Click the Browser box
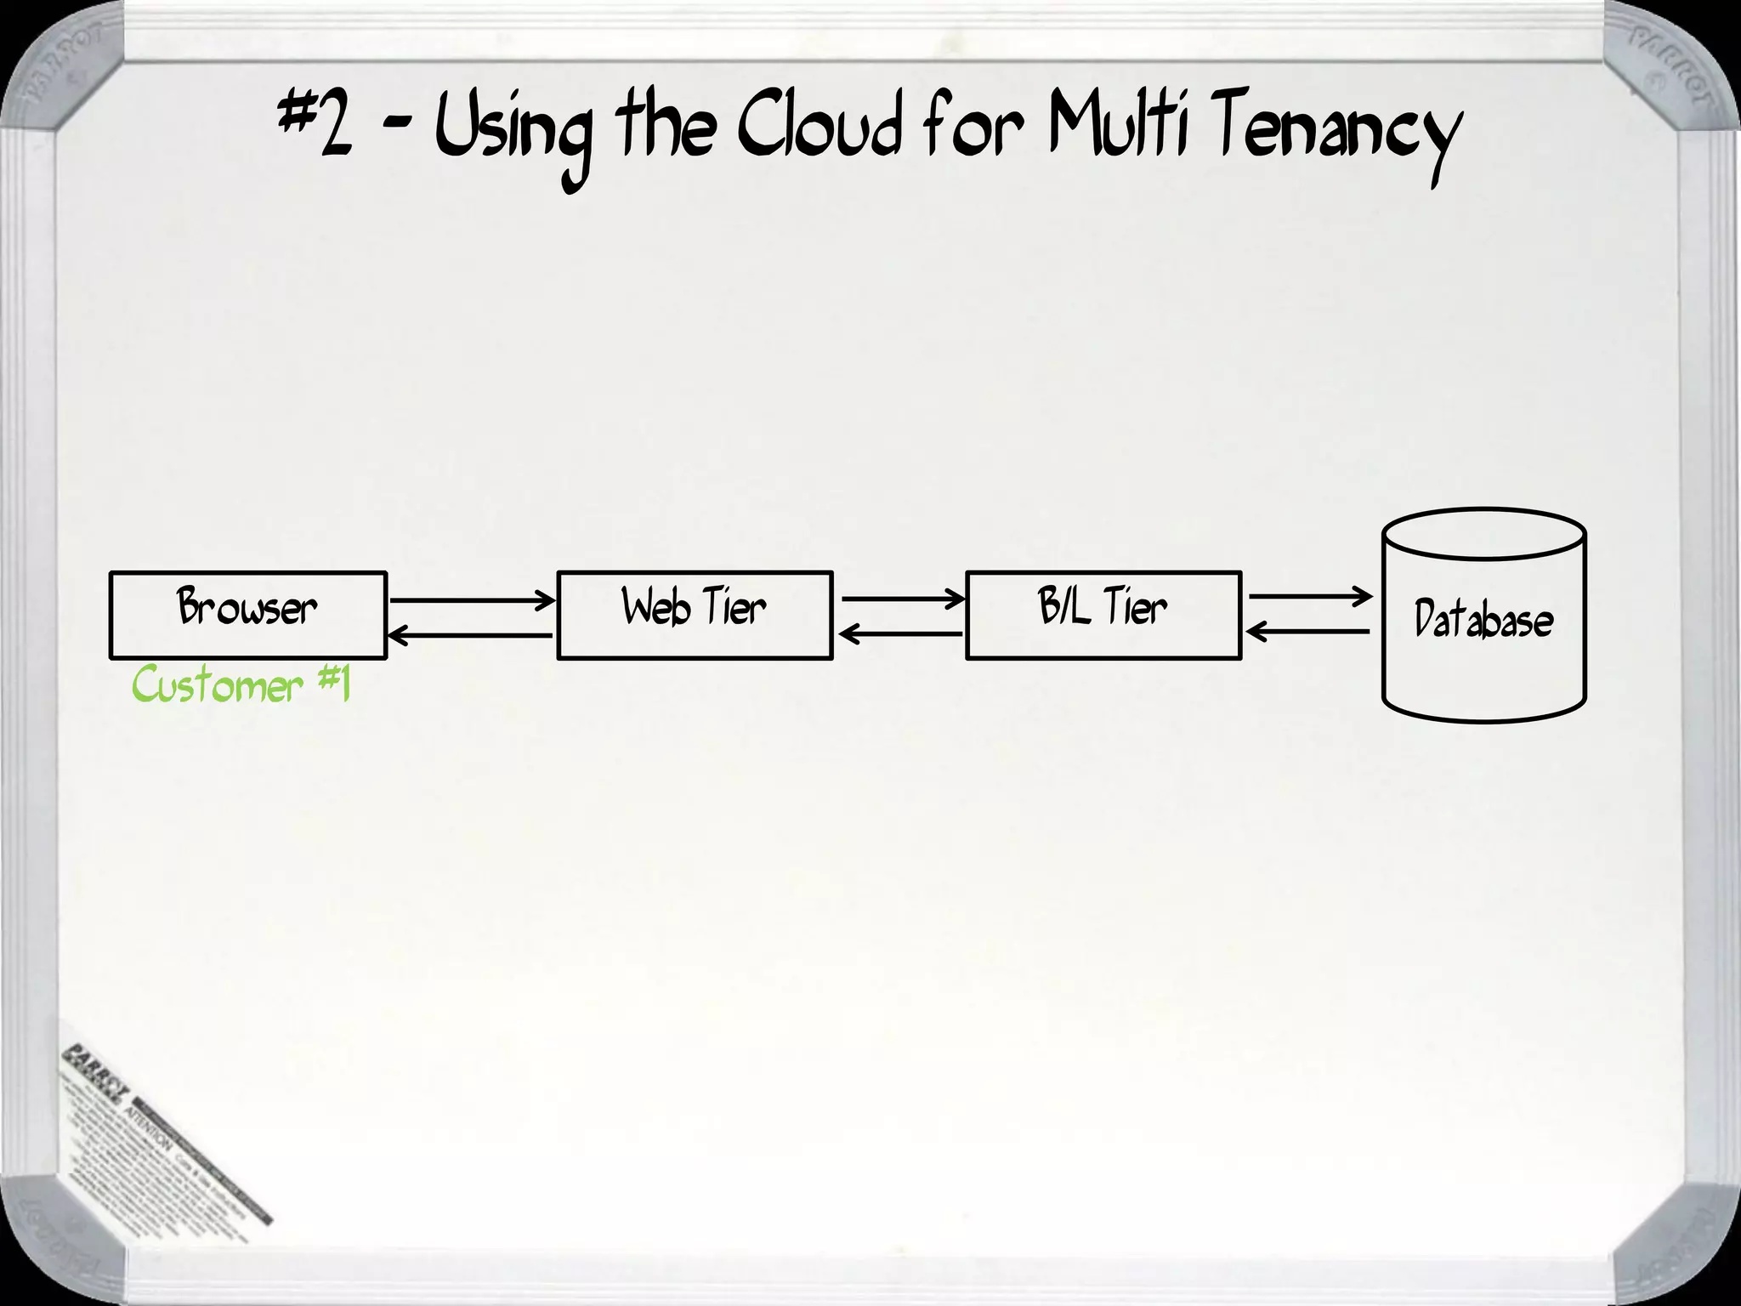pyautogui.click(x=247, y=615)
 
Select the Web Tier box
pyautogui.click(x=695, y=615)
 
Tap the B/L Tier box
pyautogui.click(x=1103, y=615)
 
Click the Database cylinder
pyautogui.click(x=1483, y=616)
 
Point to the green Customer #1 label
pyautogui.click(x=241, y=685)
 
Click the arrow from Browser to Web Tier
pyautogui.click(x=472, y=600)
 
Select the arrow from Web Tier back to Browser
pyautogui.click(x=472, y=635)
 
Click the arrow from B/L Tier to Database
pyautogui.click(x=1309, y=597)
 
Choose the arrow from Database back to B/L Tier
pyautogui.click(x=1309, y=632)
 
